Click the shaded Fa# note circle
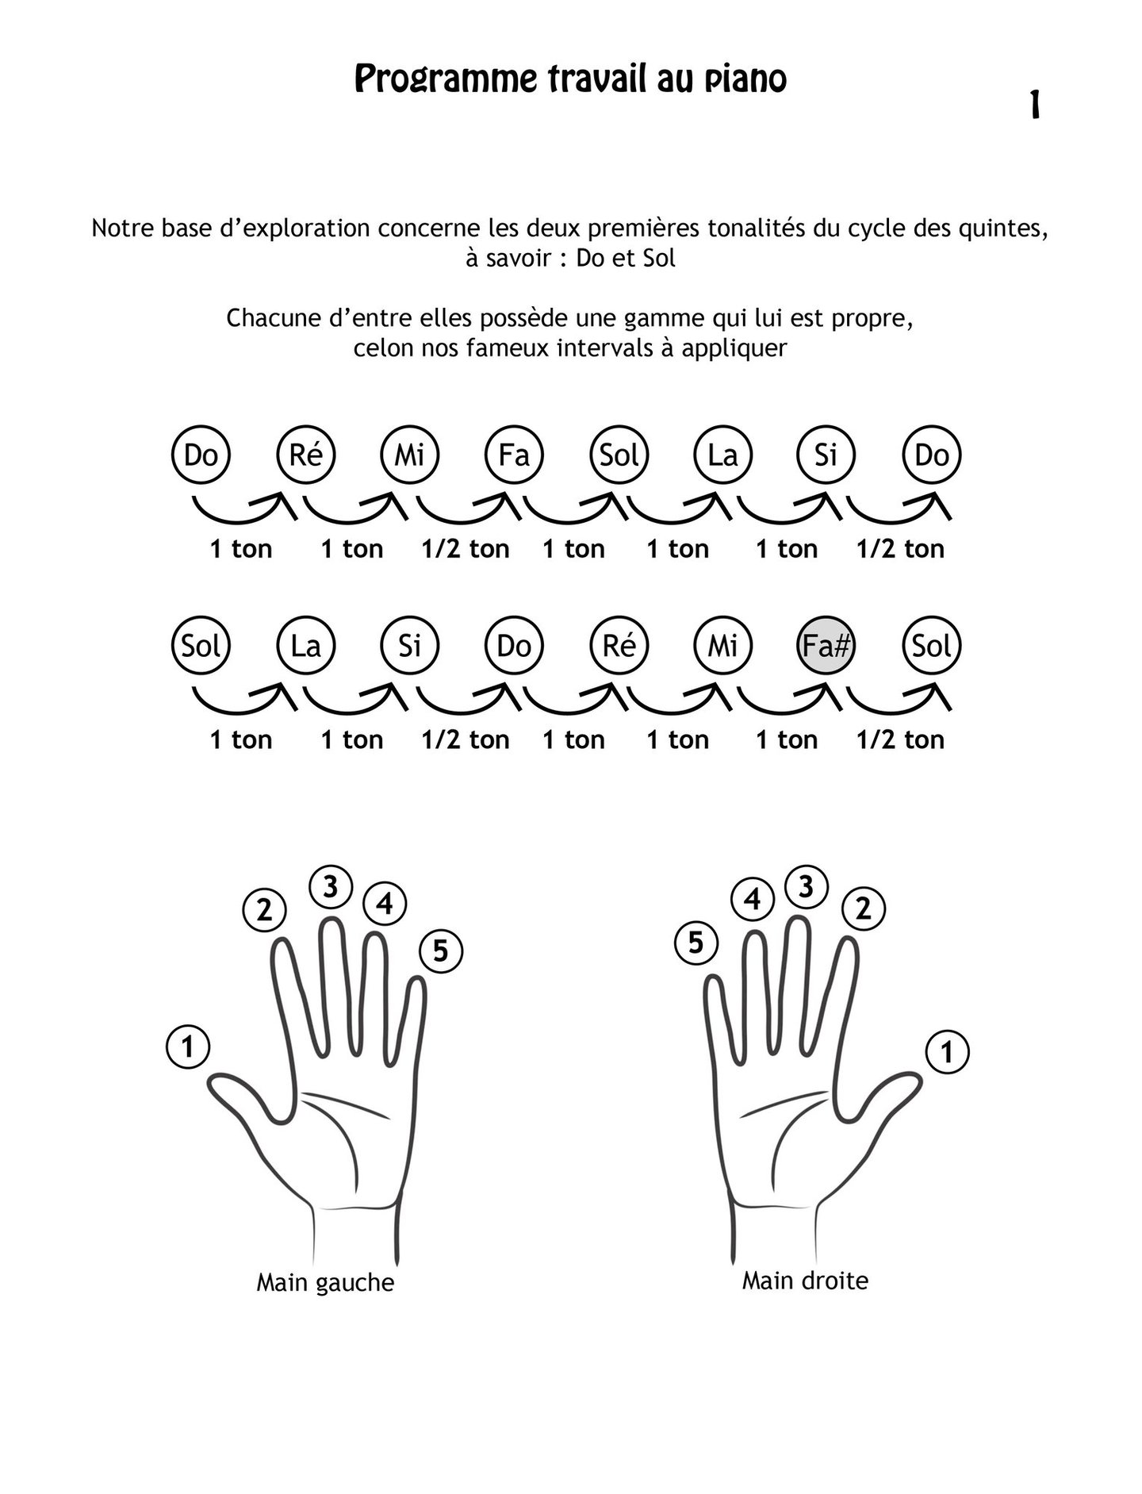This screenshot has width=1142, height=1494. pos(826,647)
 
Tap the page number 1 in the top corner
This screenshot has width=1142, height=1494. pos(1034,105)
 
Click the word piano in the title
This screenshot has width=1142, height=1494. pos(745,79)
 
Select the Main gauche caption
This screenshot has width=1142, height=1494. pos(325,1283)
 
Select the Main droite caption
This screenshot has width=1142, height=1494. pos(805,1280)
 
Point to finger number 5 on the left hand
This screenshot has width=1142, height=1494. pos(440,951)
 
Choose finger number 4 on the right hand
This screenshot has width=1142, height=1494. pos(752,900)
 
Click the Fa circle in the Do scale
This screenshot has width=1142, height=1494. pos(514,455)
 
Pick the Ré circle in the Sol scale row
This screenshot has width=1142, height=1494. pos(619,647)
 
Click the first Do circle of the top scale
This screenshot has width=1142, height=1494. pos(201,455)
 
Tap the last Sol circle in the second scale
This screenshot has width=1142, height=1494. pos(932,647)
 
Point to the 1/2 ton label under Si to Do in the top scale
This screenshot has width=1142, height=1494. pos(900,549)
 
